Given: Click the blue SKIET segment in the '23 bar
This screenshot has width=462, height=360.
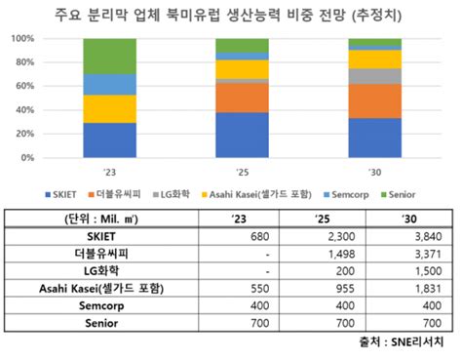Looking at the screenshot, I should pos(108,140).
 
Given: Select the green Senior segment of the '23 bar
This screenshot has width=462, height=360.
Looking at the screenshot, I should pos(108,57).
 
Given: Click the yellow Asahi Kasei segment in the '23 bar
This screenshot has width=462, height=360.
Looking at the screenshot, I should pos(108,108).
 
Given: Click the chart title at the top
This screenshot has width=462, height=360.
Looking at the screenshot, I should pos(231,14).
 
